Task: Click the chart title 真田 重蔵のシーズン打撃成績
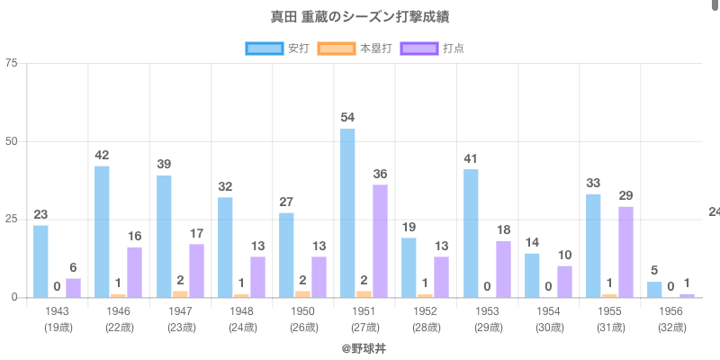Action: coord(360,16)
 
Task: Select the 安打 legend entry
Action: coord(278,48)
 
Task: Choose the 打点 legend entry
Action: coord(433,48)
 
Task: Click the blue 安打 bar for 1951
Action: coord(347,212)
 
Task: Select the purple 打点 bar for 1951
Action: coord(380,240)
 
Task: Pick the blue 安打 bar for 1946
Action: coord(102,231)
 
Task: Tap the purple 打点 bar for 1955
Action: coord(625,251)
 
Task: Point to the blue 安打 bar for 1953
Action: coord(471,233)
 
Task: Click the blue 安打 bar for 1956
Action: coord(654,289)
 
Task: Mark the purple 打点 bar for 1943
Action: coord(73,288)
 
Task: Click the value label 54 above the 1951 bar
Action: coord(347,117)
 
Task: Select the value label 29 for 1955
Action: coord(625,195)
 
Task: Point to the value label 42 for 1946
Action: coord(102,155)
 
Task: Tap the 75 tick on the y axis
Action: coord(11,63)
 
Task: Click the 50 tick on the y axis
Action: coord(11,141)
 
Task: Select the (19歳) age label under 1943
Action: coord(58,327)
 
